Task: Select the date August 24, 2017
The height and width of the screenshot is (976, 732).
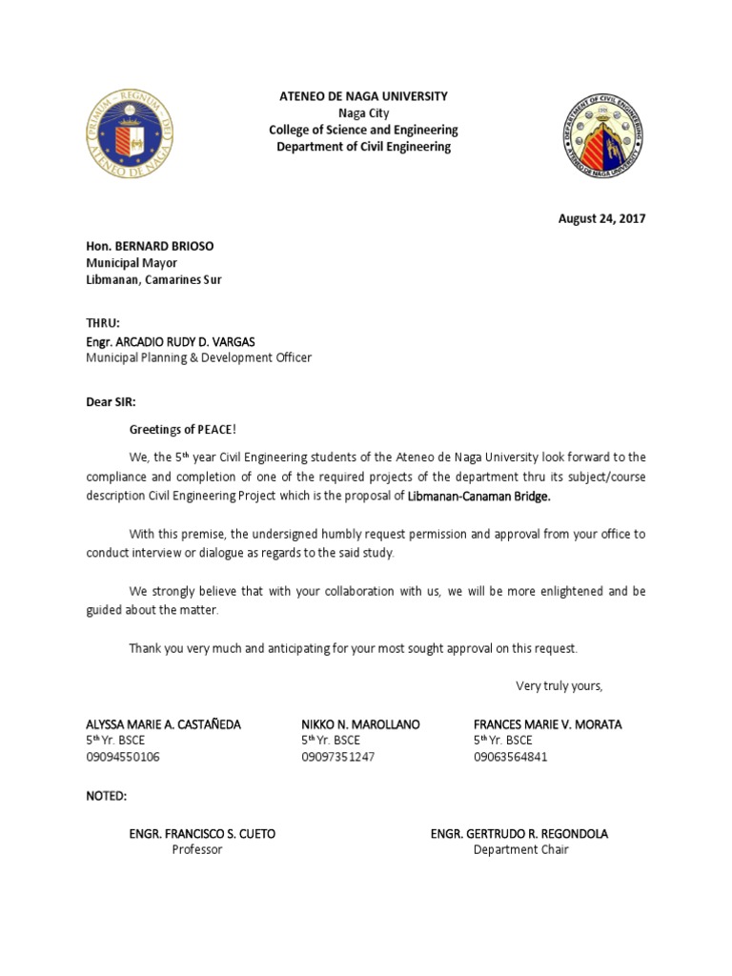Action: point(601,218)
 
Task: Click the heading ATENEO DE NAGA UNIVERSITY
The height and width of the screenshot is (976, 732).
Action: point(362,96)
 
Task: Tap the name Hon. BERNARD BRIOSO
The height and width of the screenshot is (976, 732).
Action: point(150,246)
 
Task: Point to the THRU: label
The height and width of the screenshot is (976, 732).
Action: point(103,323)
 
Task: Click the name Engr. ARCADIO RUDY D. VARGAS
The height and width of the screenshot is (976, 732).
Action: point(171,341)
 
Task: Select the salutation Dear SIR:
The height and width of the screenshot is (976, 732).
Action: point(111,402)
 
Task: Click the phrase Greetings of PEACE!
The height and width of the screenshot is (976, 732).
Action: point(181,430)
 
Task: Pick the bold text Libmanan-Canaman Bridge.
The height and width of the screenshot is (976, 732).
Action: point(479,497)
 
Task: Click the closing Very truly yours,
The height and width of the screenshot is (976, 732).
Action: point(559,685)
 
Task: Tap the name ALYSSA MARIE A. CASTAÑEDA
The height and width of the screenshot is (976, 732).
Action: point(163,724)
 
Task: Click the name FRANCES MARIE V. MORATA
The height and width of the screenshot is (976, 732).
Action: point(547,724)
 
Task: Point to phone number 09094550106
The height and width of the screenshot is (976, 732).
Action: point(123,757)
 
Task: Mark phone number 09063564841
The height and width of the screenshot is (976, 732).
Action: point(511,757)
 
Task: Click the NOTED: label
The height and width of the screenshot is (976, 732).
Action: point(106,795)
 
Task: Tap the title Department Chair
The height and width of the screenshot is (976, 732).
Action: point(520,849)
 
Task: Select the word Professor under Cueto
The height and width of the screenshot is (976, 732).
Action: point(196,849)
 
